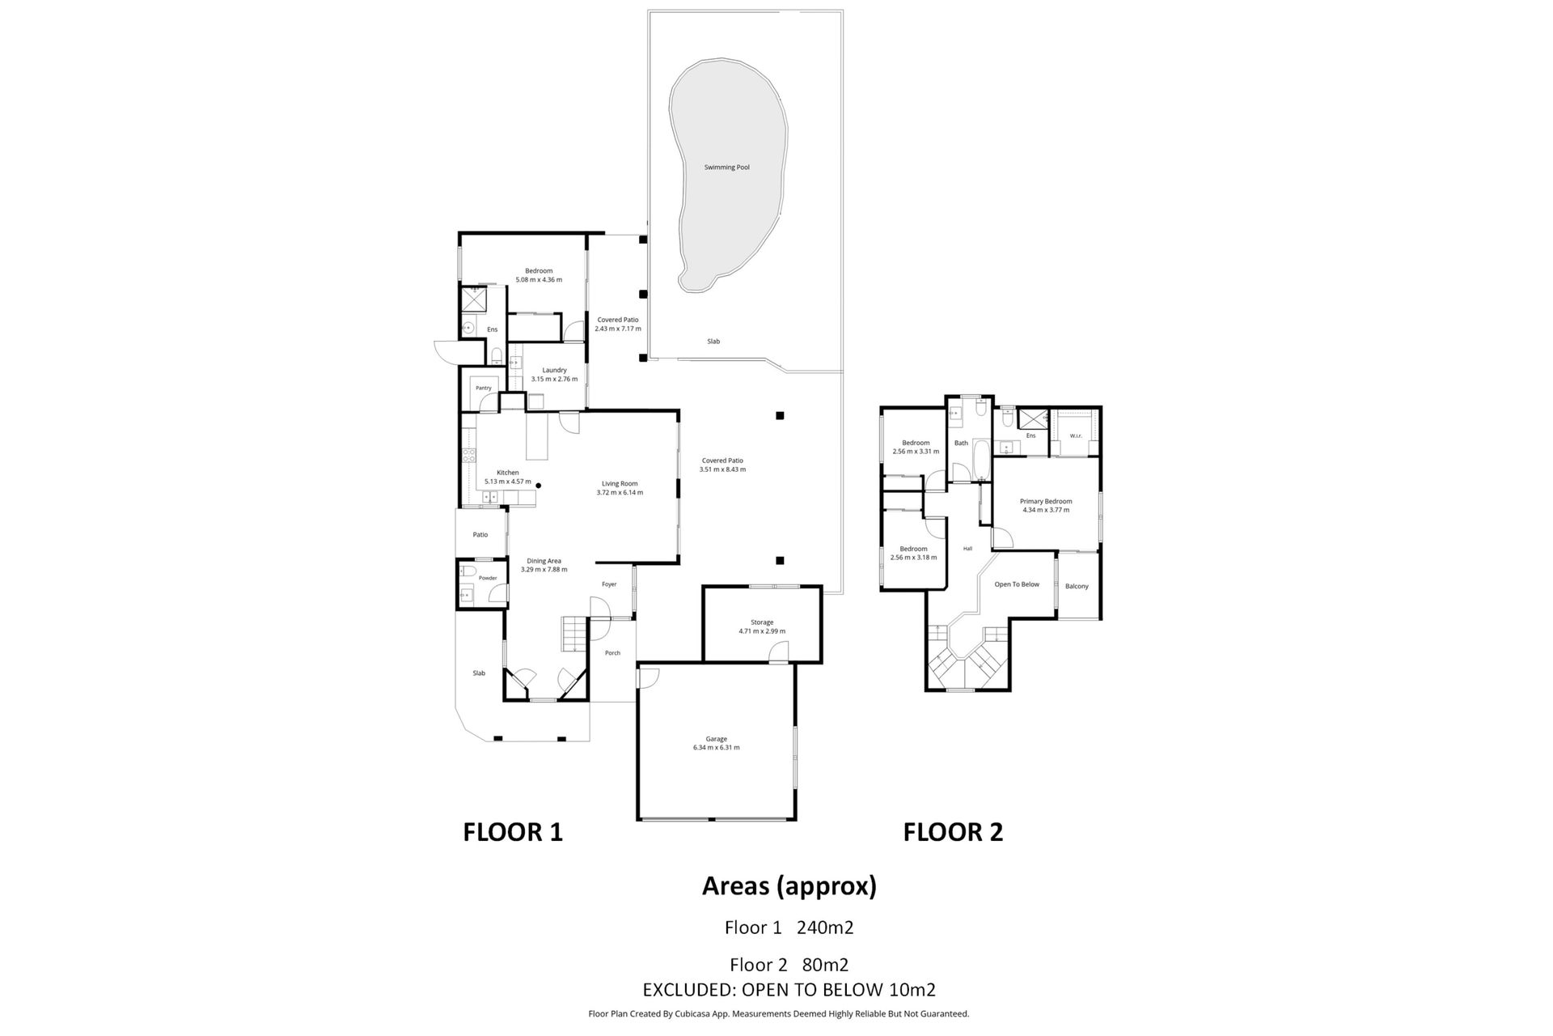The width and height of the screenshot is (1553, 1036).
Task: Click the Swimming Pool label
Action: [x=726, y=168]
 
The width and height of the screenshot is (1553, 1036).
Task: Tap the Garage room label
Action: [x=716, y=739]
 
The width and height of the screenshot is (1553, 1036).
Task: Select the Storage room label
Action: [x=762, y=622]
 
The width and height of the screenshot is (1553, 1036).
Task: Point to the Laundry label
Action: [x=554, y=370]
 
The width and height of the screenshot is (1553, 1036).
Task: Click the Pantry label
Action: [x=484, y=388]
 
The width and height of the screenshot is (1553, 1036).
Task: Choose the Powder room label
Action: [x=488, y=578]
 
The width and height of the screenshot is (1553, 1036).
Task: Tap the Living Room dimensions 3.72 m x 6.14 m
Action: [x=620, y=492]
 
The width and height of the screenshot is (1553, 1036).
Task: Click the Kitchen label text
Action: [x=508, y=473]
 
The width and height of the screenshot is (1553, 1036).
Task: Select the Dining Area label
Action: [x=544, y=561]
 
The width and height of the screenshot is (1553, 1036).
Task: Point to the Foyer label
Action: [x=609, y=584]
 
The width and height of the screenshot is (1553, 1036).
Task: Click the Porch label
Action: [x=612, y=653]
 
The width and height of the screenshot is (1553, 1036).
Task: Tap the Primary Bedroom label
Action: [x=1046, y=501]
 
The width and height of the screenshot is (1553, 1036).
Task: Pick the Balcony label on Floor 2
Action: [x=1077, y=586]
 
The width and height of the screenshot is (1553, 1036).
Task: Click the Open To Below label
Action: [x=1017, y=584]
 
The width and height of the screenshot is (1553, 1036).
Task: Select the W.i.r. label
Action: [x=1076, y=436]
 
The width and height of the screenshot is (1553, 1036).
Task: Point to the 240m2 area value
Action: [x=825, y=928]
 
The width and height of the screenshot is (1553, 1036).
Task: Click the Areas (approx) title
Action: [x=789, y=887]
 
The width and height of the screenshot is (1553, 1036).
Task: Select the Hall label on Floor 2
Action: [x=967, y=549]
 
